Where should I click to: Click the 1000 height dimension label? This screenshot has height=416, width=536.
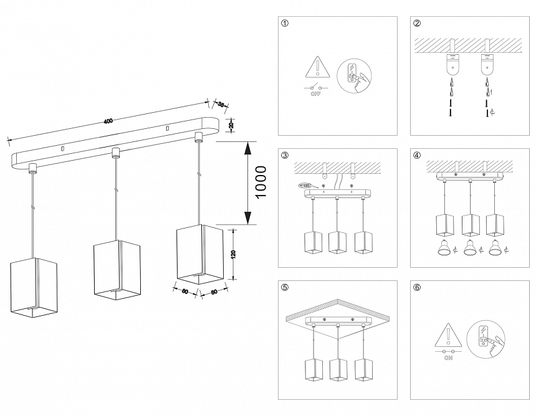261,182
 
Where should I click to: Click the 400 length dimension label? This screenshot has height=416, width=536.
108,121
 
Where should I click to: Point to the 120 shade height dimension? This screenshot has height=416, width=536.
234,254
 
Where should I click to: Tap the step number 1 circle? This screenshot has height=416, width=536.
285,24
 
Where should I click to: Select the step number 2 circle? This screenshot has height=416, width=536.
417,24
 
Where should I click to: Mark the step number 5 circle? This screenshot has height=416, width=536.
285,288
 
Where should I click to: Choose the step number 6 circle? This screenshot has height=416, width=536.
417,288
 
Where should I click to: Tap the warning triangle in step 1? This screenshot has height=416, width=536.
317,67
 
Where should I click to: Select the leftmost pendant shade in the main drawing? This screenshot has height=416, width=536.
34,285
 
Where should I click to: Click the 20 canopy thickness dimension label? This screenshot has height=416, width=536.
231,125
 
